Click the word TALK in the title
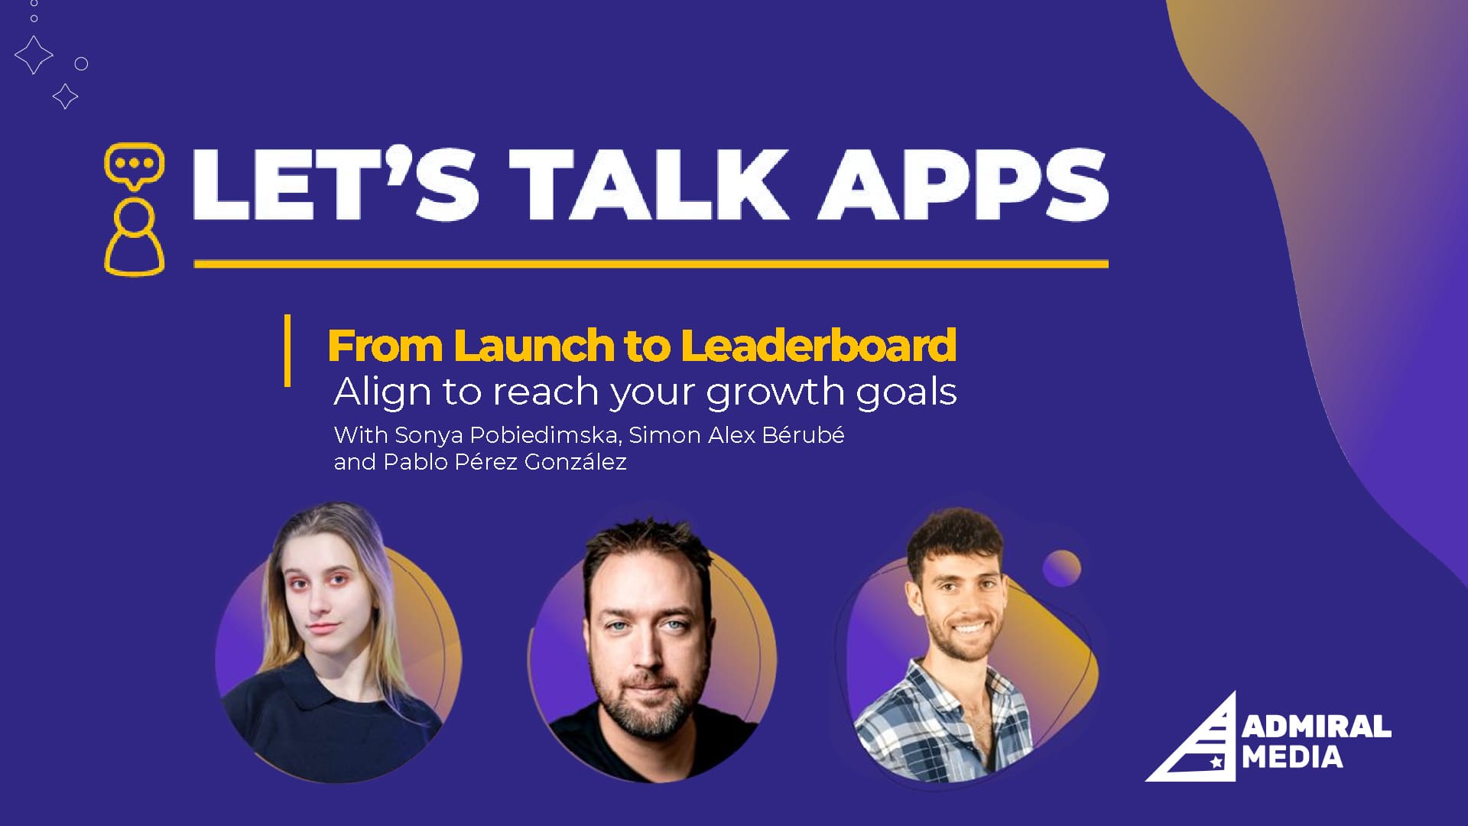click(x=650, y=184)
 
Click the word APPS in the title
click(x=963, y=184)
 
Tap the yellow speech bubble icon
click(x=135, y=166)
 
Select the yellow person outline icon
click(x=135, y=236)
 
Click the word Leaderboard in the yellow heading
click(x=818, y=345)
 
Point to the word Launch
click(x=534, y=345)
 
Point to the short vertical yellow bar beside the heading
click(x=287, y=350)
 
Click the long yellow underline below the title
click(x=651, y=264)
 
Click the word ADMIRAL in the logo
click(x=1317, y=727)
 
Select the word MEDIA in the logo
click(x=1292, y=757)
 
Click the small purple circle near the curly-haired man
click(x=1061, y=568)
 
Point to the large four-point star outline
click(x=34, y=54)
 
